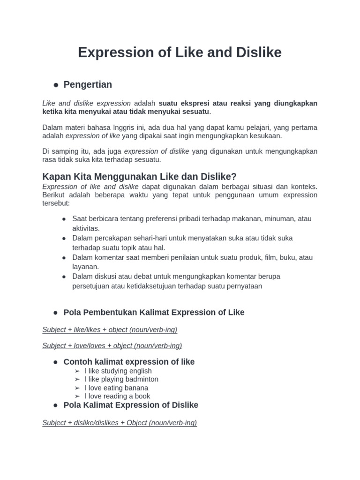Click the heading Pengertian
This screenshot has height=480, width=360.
click(x=88, y=84)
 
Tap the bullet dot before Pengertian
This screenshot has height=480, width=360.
click(x=56, y=85)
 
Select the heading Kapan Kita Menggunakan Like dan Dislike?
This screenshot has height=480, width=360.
click(x=139, y=176)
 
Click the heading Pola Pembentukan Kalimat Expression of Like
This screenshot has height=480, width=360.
click(x=154, y=312)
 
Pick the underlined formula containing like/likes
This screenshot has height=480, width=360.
click(x=110, y=330)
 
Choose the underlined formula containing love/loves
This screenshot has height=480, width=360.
click(x=112, y=345)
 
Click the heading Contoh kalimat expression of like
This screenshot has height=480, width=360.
click(x=129, y=362)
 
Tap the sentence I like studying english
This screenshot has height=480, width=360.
click(x=118, y=371)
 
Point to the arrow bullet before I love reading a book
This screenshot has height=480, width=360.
click(x=77, y=397)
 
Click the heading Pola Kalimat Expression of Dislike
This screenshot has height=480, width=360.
click(x=131, y=405)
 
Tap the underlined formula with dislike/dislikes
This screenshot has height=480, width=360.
click(x=120, y=422)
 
